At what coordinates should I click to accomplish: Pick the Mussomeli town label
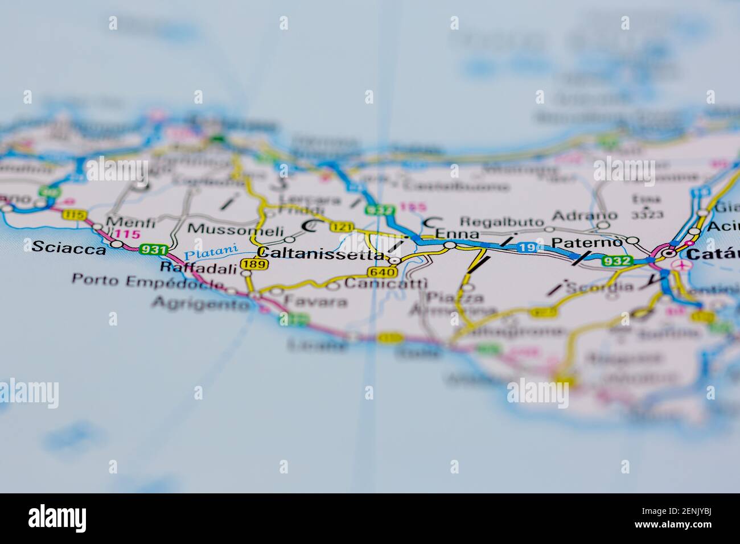pos(235,230)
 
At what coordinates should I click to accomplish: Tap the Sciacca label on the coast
pos(68,248)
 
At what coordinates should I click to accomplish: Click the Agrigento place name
pos(200,304)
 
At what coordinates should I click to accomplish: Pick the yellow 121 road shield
pos(342,227)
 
